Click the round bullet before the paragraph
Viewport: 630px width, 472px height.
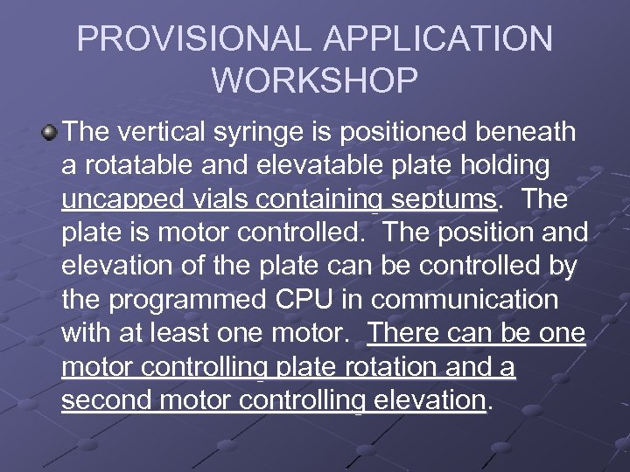click(49, 134)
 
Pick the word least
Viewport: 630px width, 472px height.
click(187, 333)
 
